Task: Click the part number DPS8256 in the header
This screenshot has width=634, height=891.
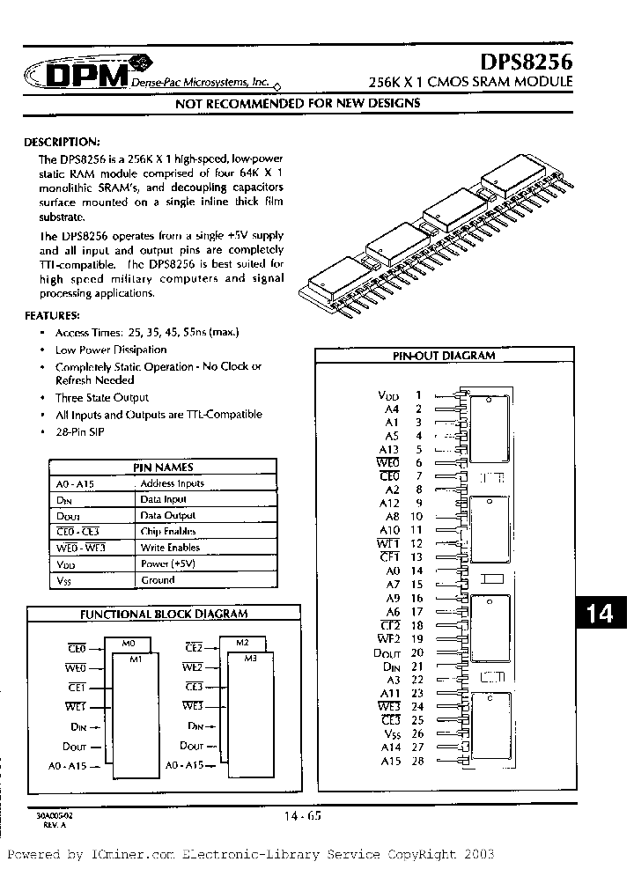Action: tap(526, 63)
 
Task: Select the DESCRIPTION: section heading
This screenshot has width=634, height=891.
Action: tap(62, 142)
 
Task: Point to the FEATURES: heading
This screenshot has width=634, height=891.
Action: tap(52, 314)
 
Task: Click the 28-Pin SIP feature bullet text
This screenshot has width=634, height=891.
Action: tap(79, 432)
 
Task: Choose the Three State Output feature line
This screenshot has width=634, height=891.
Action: tap(102, 398)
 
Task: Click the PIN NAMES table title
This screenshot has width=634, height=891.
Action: tap(163, 468)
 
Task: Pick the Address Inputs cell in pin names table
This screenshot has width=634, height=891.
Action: tap(172, 483)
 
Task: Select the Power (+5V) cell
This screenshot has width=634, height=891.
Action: tap(166, 563)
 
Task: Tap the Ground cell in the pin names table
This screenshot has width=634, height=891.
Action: tap(158, 580)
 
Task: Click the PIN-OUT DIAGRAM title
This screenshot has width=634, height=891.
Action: tap(443, 356)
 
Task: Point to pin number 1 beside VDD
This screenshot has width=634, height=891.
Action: tap(418, 395)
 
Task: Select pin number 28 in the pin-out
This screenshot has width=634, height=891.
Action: tap(417, 761)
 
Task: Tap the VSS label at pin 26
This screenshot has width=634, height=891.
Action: tap(391, 733)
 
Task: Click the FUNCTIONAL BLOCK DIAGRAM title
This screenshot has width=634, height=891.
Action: tap(164, 614)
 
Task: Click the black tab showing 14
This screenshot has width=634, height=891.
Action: tap(600, 613)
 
